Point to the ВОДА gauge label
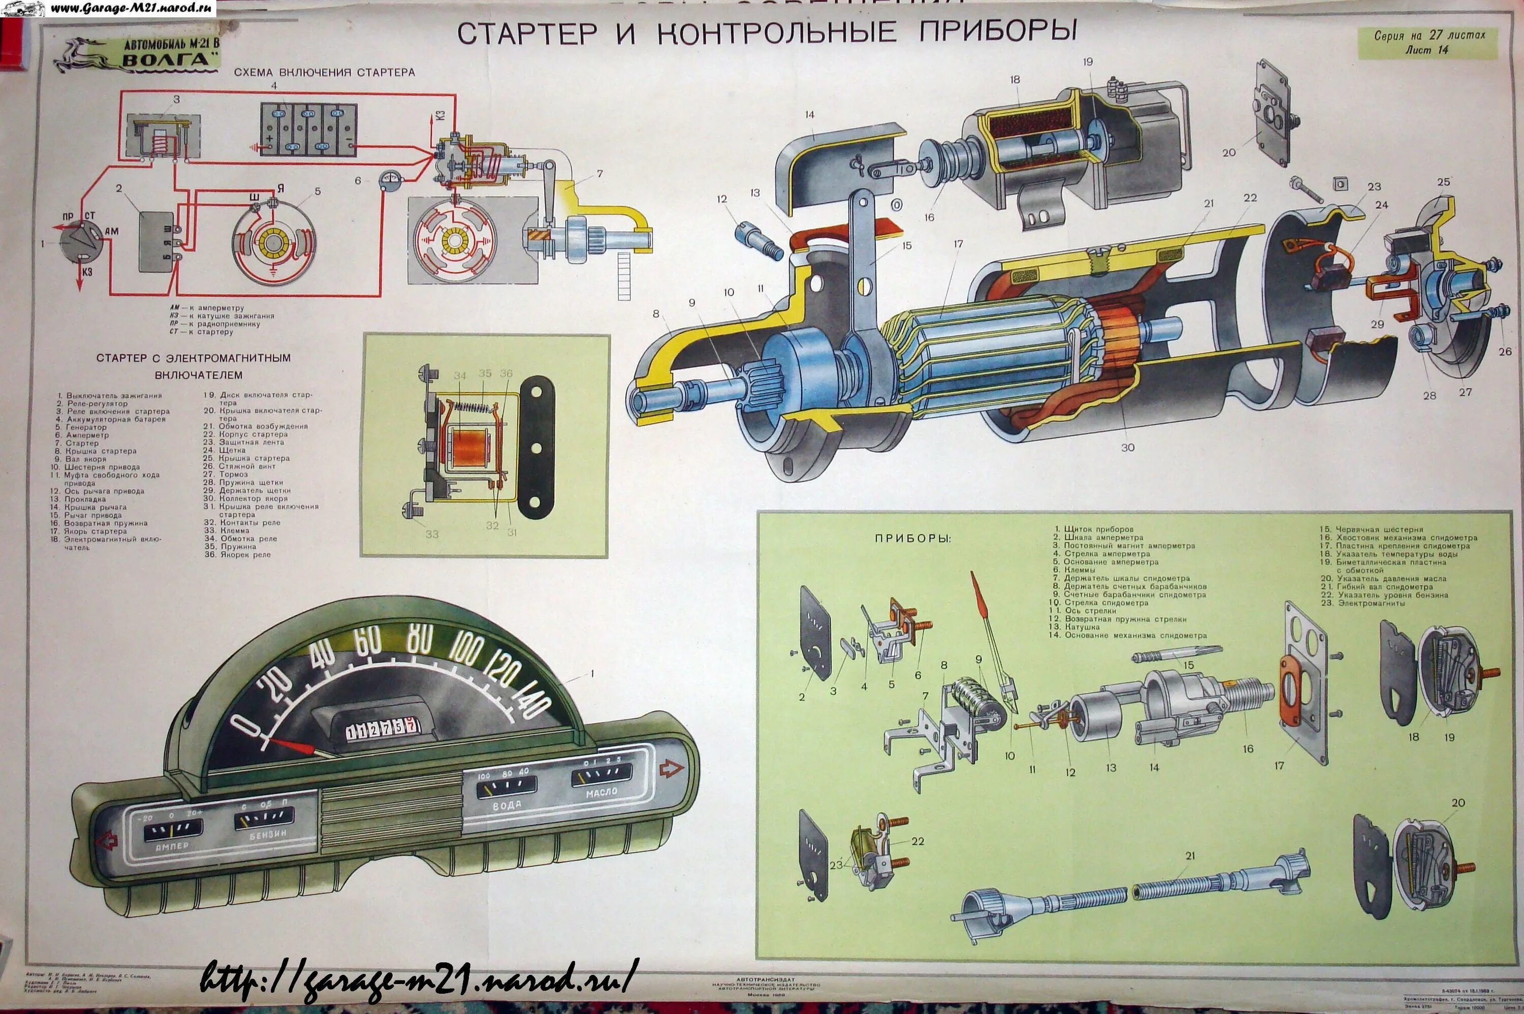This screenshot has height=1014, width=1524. [x=506, y=805]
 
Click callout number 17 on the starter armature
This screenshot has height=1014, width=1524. [x=958, y=244]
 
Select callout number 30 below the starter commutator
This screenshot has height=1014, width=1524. [x=1128, y=448]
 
